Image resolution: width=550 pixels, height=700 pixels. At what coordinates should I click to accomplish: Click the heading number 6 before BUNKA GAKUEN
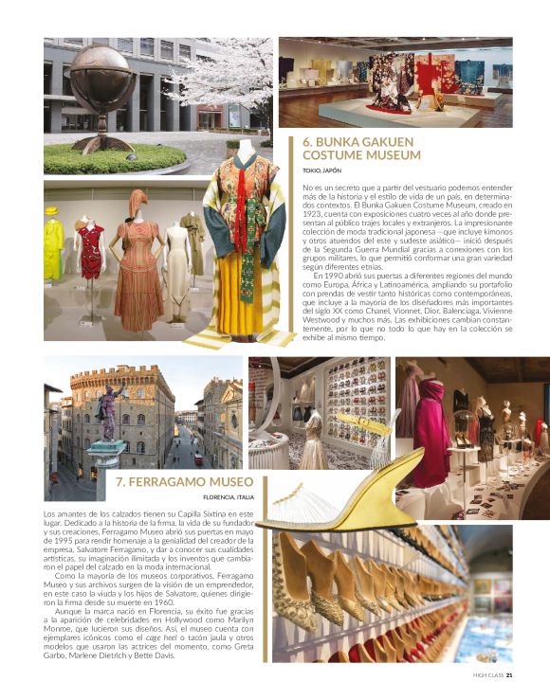[307, 142]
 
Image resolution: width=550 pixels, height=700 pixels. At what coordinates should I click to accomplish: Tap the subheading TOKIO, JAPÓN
[322, 171]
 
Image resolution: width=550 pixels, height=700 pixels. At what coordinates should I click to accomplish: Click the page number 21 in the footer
[509, 675]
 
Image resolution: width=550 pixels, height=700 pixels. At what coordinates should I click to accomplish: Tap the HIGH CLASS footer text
[487, 675]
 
